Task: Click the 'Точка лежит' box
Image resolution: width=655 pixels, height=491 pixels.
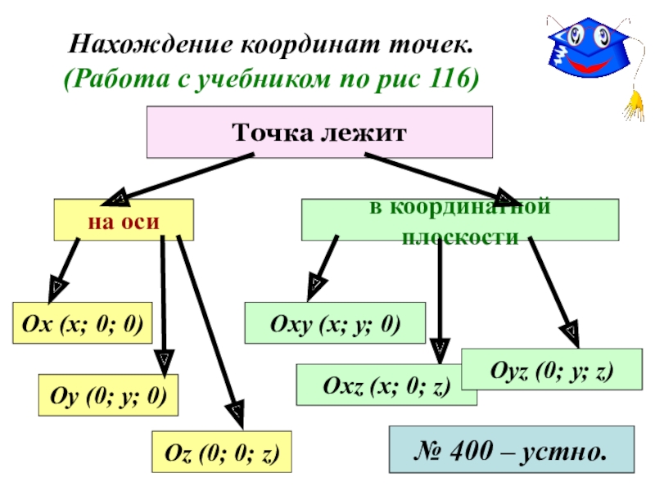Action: [319, 132]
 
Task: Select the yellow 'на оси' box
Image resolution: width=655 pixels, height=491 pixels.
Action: [124, 219]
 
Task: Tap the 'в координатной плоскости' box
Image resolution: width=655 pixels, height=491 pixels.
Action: [460, 219]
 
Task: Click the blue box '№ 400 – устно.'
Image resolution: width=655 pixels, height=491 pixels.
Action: [511, 449]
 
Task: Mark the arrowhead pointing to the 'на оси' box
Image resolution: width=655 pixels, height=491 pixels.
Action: [117, 198]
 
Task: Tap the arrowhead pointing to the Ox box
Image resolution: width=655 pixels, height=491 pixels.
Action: [58, 286]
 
